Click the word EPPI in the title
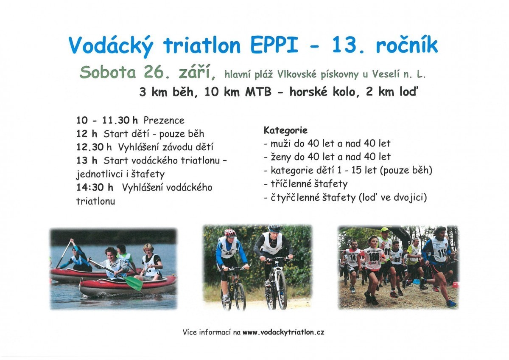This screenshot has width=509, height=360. pyautogui.click(x=274, y=46)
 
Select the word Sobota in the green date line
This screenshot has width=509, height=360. pyautogui.click(x=108, y=72)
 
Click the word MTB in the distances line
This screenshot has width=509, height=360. pyautogui.click(x=258, y=92)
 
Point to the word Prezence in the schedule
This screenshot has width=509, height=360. pyautogui.click(x=164, y=120)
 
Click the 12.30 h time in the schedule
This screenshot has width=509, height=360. pyautogui.click(x=94, y=147)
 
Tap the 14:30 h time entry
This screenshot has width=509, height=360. pyautogui.click(x=95, y=188)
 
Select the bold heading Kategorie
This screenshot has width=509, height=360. pyautogui.click(x=285, y=130)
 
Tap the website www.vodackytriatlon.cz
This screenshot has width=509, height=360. pyautogui.click(x=283, y=332)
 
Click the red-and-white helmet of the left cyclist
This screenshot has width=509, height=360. pyautogui.click(x=230, y=233)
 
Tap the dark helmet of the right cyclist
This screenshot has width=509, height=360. pyautogui.click(x=274, y=228)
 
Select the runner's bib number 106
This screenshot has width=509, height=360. pyautogui.click(x=374, y=257)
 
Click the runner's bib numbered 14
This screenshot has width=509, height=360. pyautogui.click(x=353, y=258)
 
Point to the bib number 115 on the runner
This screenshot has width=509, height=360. pyautogui.click(x=442, y=253)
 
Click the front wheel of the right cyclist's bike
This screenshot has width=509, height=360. pyautogui.click(x=281, y=290)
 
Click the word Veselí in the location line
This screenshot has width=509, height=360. pyautogui.click(x=386, y=74)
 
